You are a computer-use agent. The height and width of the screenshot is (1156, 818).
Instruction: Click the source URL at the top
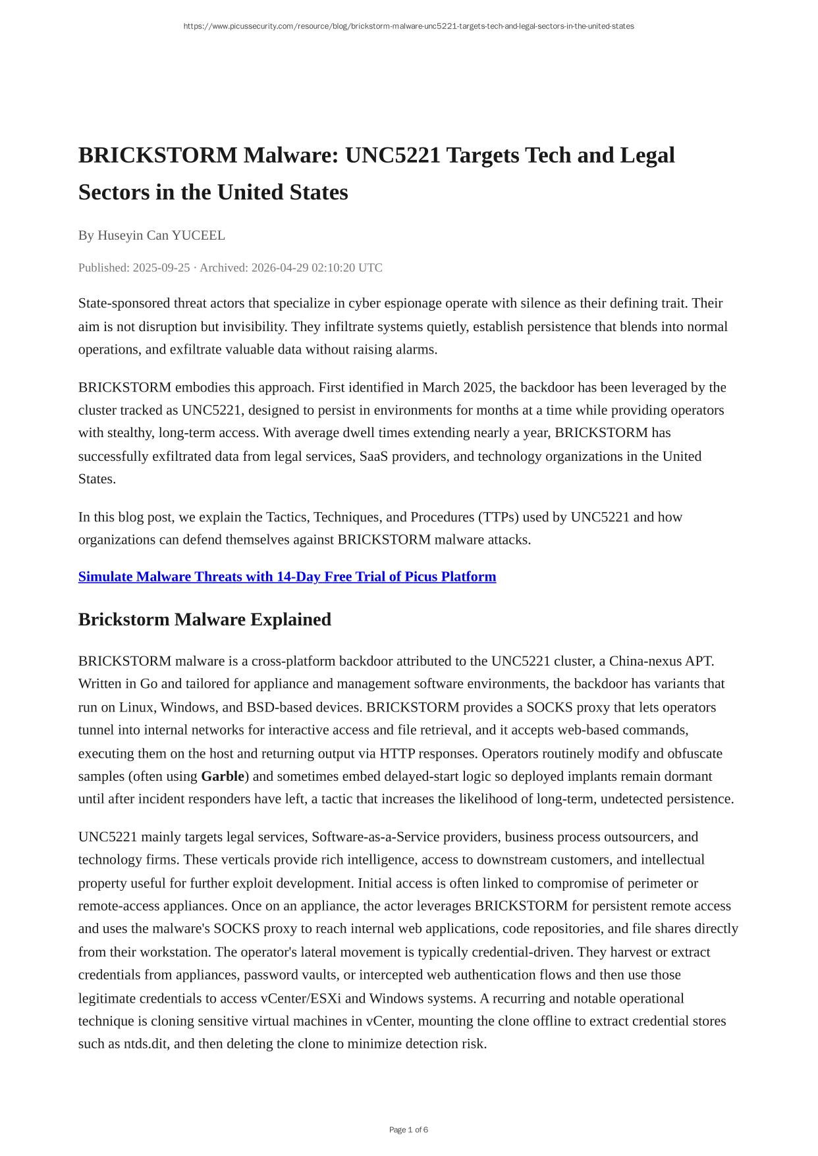[408, 26]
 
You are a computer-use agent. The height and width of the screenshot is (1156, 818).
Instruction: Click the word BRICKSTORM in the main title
[157, 156]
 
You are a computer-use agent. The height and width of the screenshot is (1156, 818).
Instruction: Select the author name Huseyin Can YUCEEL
[161, 236]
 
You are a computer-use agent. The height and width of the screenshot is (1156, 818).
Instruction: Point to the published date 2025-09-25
[161, 268]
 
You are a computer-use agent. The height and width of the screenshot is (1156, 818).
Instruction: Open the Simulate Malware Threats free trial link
[287, 577]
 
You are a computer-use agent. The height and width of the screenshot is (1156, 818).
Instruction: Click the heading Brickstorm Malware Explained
[205, 619]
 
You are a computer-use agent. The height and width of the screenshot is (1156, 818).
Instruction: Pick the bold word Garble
[223, 776]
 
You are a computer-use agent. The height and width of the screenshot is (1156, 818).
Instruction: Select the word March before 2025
[441, 387]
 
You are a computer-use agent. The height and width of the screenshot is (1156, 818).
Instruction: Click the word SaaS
[375, 456]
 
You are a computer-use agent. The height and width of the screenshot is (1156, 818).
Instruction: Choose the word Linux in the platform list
[136, 707]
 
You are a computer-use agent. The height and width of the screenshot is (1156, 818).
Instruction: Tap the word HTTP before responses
[397, 753]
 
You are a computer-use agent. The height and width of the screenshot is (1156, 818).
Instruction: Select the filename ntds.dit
[146, 1044]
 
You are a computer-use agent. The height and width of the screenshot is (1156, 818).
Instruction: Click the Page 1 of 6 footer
[408, 1130]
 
